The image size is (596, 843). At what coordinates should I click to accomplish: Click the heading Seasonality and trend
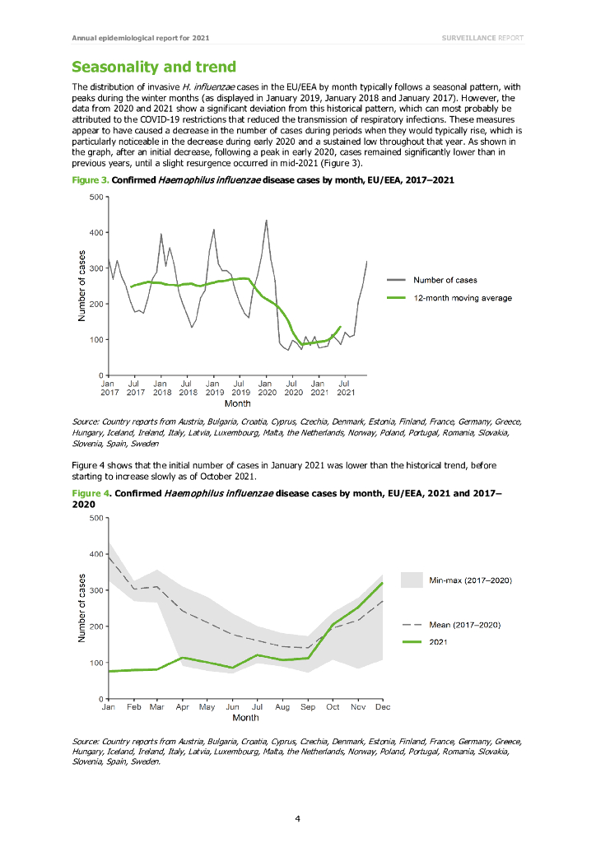tap(154, 67)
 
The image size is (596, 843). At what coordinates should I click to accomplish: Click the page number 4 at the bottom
tap(298, 817)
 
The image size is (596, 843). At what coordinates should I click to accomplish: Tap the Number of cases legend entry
tap(445, 280)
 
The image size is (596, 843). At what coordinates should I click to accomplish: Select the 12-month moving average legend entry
tap(462, 298)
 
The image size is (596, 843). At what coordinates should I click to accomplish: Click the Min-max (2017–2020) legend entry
tap(471, 580)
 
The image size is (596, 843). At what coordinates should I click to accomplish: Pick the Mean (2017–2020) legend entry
tap(465, 625)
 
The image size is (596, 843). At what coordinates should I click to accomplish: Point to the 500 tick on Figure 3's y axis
tap(95, 197)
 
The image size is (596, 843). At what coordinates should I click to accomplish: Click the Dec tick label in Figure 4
tap(382, 707)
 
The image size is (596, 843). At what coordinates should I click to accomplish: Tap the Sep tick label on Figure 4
tap(308, 707)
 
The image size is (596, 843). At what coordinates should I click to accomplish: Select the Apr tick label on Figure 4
tap(183, 707)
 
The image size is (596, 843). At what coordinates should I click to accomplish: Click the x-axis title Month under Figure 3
tap(237, 403)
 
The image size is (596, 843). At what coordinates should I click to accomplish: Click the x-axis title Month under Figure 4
tap(245, 718)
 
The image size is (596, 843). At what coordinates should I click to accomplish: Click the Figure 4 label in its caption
tap(90, 494)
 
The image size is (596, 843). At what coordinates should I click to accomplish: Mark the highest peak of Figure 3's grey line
tap(266, 220)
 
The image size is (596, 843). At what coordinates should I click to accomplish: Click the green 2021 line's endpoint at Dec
tap(383, 583)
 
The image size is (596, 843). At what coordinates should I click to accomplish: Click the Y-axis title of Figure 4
tap(81, 608)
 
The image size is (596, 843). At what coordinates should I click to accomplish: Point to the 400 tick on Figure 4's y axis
tap(95, 554)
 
